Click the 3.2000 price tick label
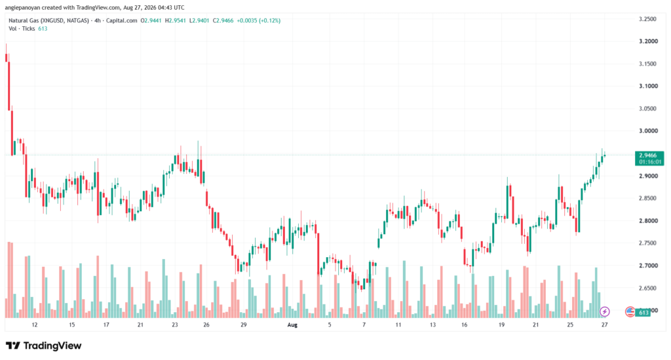pos(648,41)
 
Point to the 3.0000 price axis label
pos(648,131)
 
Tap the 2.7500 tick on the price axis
pos(648,243)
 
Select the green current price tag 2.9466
pos(649,159)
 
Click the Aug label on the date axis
pos(292,325)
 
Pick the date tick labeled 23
pos(174,325)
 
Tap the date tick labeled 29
pos(244,325)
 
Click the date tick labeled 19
pos(501,325)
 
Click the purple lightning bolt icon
pos(605,311)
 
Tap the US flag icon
pos(630,311)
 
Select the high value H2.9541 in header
pos(176,20)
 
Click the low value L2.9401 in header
pos(199,20)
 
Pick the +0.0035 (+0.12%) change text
pos(258,20)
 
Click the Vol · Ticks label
pos(22,29)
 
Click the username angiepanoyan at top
pos(22,8)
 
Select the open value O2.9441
pos(151,20)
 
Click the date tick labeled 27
pos(605,325)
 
